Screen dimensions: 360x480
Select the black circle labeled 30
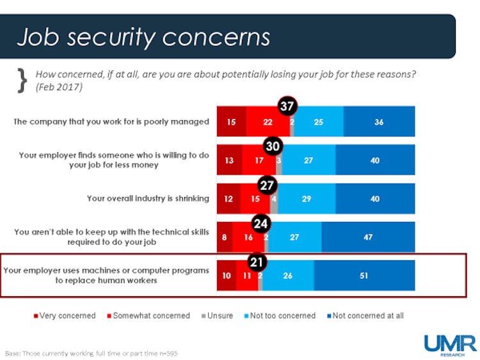(274, 146)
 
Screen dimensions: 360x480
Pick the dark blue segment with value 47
(368, 237)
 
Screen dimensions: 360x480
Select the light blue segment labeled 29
(307, 199)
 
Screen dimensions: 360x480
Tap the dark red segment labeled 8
(225, 237)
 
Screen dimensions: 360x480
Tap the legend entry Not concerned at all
(366, 315)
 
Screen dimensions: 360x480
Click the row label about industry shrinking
(148, 198)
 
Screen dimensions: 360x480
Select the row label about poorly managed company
(111, 121)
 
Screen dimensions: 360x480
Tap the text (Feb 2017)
(58, 86)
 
